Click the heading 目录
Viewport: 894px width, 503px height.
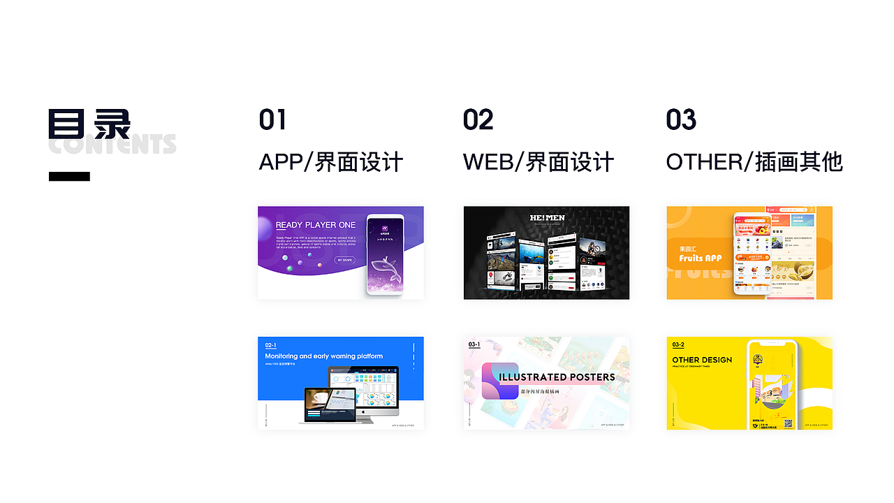89,124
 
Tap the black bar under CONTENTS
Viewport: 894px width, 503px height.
69,177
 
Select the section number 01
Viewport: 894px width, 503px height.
272,120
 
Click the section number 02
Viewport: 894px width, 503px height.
478,120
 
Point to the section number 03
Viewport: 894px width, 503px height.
681,120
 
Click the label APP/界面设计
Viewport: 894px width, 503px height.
331,162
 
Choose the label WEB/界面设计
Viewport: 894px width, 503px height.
538,162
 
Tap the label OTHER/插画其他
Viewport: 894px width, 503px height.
754,162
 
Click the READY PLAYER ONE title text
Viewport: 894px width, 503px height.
316,225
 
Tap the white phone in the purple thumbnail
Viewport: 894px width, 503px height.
385,254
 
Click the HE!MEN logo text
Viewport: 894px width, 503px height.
547,218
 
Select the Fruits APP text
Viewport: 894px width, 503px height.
701,258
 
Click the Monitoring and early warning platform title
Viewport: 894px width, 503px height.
323,356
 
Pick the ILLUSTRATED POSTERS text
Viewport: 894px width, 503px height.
557,377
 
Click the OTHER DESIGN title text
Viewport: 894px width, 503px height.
702,360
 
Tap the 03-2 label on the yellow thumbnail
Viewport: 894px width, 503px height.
678,344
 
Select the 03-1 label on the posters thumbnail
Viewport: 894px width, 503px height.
474,344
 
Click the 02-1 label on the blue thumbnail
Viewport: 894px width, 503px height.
270,345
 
